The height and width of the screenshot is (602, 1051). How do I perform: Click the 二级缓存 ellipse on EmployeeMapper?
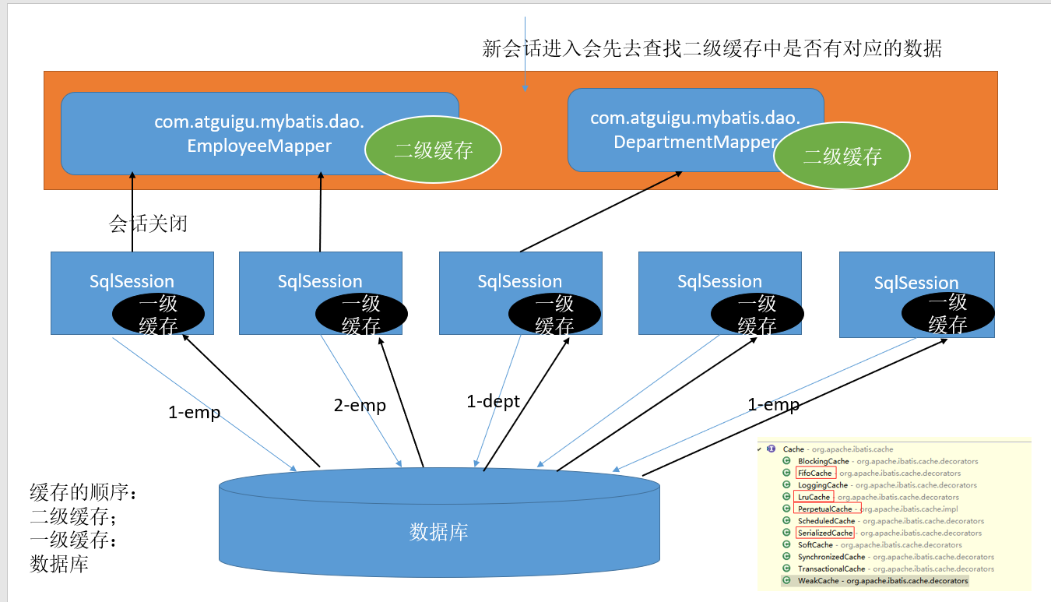pyautogui.click(x=434, y=150)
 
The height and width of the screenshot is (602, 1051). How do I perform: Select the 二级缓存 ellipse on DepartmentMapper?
pyautogui.click(x=842, y=157)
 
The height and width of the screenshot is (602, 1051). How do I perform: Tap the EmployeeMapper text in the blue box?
pyautogui.click(x=259, y=146)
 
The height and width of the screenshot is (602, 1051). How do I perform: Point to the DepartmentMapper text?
pyautogui.click(x=695, y=142)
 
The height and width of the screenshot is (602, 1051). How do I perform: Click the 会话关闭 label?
pyautogui.click(x=148, y=224)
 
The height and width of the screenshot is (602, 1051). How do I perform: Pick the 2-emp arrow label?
pyautogui.click(x=360, y=406)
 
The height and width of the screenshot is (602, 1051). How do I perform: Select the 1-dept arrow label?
pyautogui.click(x=493, y=402)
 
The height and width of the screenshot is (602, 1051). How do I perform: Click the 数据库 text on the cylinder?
pyautogui.click(x=438, y=532)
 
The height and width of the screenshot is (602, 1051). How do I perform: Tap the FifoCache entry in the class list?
pyautogui.click(x=815, y=473)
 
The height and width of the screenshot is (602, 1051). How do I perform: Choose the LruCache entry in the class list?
pyautogui.click(x=814, y=497)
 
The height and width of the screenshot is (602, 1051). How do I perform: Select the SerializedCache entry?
pyautogui.click(x=824, y=533)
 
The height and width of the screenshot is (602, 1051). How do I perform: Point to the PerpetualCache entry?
pyautogui.click(x=824, y=509)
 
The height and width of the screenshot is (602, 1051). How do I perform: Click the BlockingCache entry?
pyautogui.click(x=823, y=461)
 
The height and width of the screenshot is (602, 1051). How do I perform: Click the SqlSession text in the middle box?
pyautogui.click(x=519, y=281)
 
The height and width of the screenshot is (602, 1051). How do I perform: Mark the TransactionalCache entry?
pyautogui.click(x=831, y=569)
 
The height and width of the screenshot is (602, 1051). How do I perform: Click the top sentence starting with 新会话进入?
pyautogui.click(x=712, y=49)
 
